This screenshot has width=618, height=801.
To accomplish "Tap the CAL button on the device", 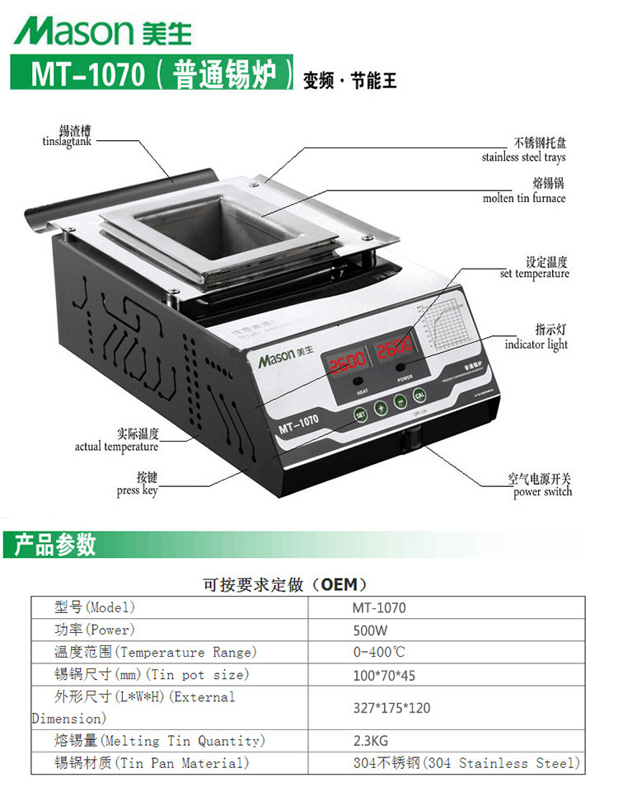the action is [419, 394].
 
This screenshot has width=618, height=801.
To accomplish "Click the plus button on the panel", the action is [382, 406].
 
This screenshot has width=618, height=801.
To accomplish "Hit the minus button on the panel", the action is [400, 400].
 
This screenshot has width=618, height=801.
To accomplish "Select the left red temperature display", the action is [347, 363].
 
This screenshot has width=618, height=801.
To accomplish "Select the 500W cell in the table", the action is [370, 630].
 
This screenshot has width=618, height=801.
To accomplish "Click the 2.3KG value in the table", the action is [372, 741].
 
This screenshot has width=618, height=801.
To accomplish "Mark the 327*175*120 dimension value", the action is [391, 708].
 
